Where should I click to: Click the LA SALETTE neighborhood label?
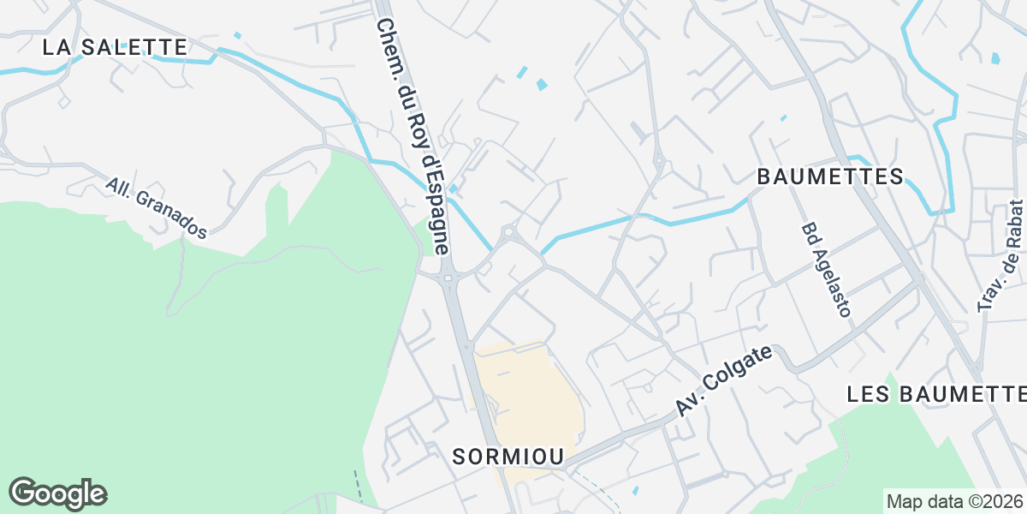tap(115, 47)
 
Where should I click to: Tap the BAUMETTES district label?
tap(830, 176)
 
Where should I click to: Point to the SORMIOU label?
tap(508, 457)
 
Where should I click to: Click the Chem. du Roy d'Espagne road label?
tap(413, 137)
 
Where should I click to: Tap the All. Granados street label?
tap(157, 208)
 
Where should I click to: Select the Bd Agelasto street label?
tap(827, 270)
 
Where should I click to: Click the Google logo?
tap(58, 493)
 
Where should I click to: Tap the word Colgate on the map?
tap(741, 371)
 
